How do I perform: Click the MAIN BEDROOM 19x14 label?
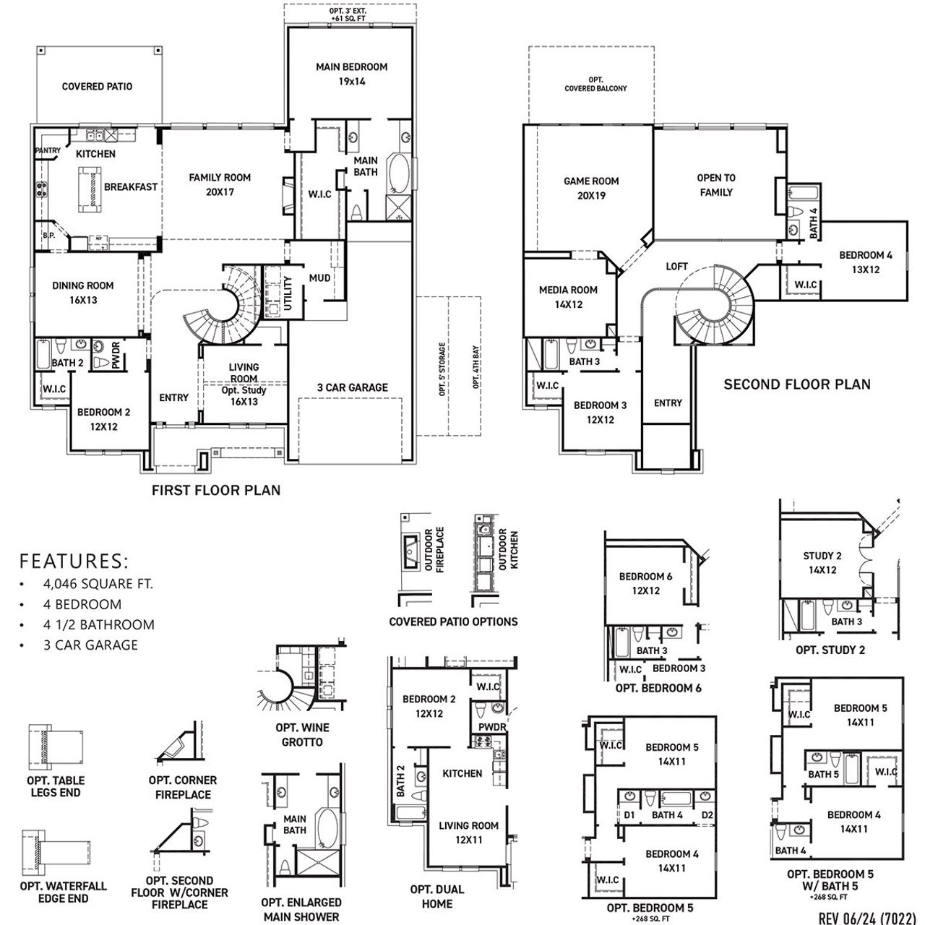tap(351, 74)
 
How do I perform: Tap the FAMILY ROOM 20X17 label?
tap(220, 184)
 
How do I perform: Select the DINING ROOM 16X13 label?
tap(83, 293)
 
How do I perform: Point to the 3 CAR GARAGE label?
tap(352, 387)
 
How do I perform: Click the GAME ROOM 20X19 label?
tap(591, 188)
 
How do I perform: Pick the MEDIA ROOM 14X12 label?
tap(568, 297)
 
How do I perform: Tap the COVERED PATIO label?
tap(97, 87)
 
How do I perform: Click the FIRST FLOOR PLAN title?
tap(216, 490)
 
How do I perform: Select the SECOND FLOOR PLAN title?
tap(797, 384)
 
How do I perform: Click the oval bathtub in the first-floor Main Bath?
tap(398, 173)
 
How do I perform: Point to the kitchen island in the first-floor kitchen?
tap(90, 186)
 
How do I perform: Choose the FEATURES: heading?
tap(74, 561)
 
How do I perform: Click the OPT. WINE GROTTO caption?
tap(302, 736)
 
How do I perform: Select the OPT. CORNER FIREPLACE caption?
tap(183, 787)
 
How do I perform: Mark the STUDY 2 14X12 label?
tap(822, 563)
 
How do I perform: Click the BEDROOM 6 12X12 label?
tap(645, 583)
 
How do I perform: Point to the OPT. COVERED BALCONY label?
tap(595, 84)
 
